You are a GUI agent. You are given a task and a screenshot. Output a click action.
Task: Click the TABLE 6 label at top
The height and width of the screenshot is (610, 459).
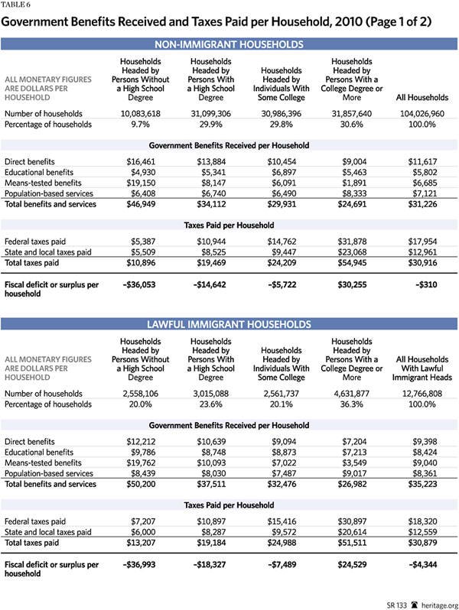(20, 5)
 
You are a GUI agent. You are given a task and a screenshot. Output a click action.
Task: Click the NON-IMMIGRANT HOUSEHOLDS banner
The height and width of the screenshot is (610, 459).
(229, 45)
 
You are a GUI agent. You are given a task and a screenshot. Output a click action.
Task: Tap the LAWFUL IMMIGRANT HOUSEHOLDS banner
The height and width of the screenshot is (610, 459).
(229, 324)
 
